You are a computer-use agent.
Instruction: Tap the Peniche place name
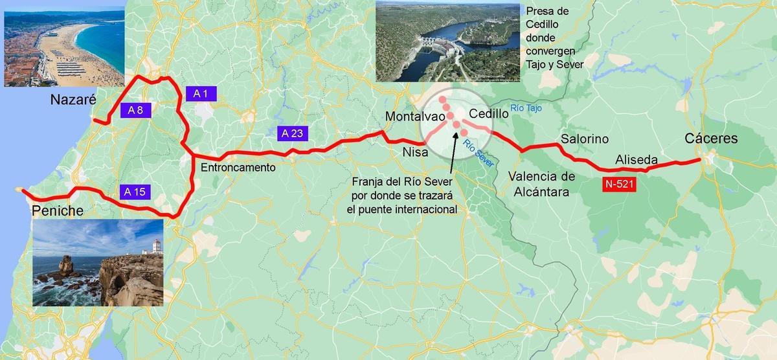pos(58,211)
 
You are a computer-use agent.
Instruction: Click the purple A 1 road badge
pos(201,93)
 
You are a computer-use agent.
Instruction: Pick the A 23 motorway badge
pos(293,133)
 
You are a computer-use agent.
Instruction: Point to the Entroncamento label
pos(238,167)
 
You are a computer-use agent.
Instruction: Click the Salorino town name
pos(585,139)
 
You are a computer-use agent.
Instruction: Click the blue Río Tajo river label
pos(525,108)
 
